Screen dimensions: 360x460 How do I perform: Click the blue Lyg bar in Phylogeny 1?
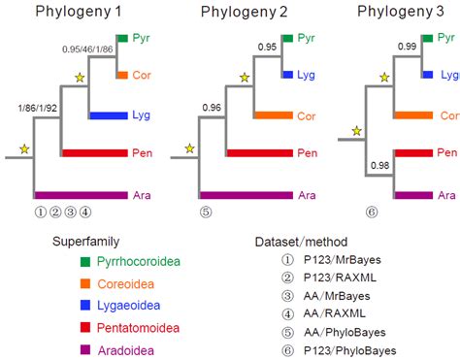[109, 115]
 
